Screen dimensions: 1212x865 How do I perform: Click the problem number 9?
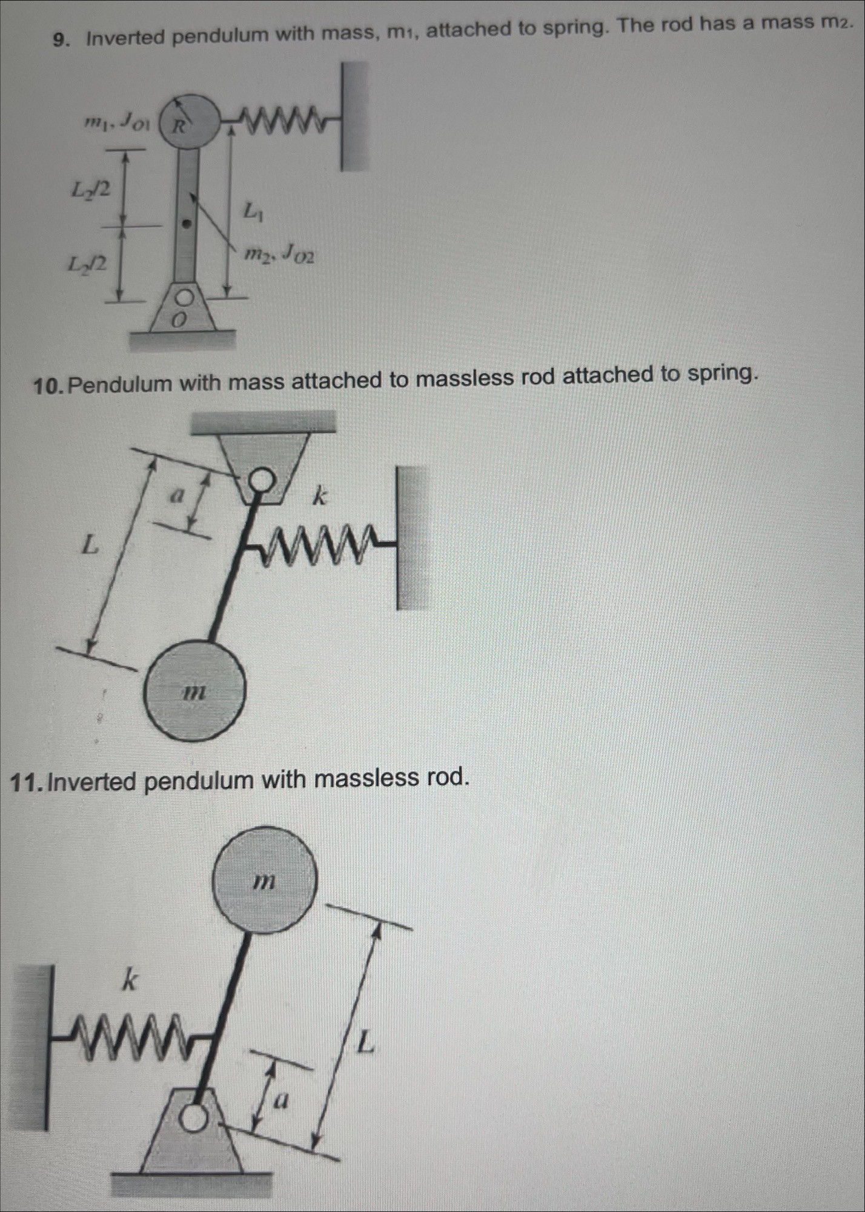click(59, 40)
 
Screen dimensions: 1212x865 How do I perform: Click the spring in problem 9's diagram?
click(285, 119)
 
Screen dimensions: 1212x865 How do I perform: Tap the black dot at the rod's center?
click(187, 224)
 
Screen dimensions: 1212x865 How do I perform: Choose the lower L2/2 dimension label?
click(87, 264)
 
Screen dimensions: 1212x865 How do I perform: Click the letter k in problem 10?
click(320, 497)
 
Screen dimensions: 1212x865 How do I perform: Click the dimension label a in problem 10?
click(176, 496)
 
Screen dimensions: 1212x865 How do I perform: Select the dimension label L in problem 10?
click(90, 545)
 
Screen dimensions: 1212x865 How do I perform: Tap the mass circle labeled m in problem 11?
click(265, 879)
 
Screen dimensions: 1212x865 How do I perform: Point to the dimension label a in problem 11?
click(280, 1099)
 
